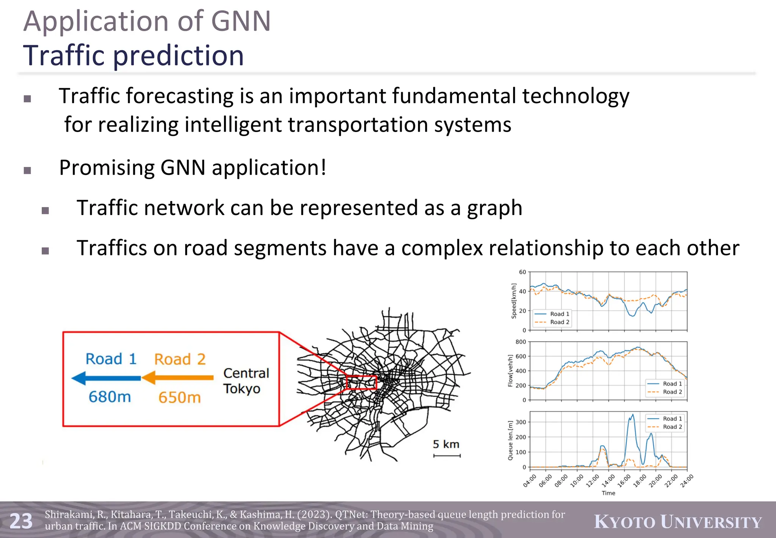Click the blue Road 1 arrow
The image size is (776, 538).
point(106,378)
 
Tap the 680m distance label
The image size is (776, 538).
point(110,397)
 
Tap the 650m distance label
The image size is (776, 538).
point(179,397)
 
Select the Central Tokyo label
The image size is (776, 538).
point(246,381)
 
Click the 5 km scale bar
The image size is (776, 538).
point(447,455)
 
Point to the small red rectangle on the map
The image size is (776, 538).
point(361,382)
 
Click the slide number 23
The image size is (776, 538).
point(21,521)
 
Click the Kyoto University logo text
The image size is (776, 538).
point(677,522)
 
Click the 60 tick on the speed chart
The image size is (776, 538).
point(522,272)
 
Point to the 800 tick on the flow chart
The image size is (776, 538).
point(521,342)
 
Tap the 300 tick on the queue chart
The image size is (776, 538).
point(521,422)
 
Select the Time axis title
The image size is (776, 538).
point(608,493)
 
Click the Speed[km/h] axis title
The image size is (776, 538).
point(514,301)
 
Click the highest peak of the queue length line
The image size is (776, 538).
point(632,415)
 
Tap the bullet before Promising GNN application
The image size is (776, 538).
point(27,170)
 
